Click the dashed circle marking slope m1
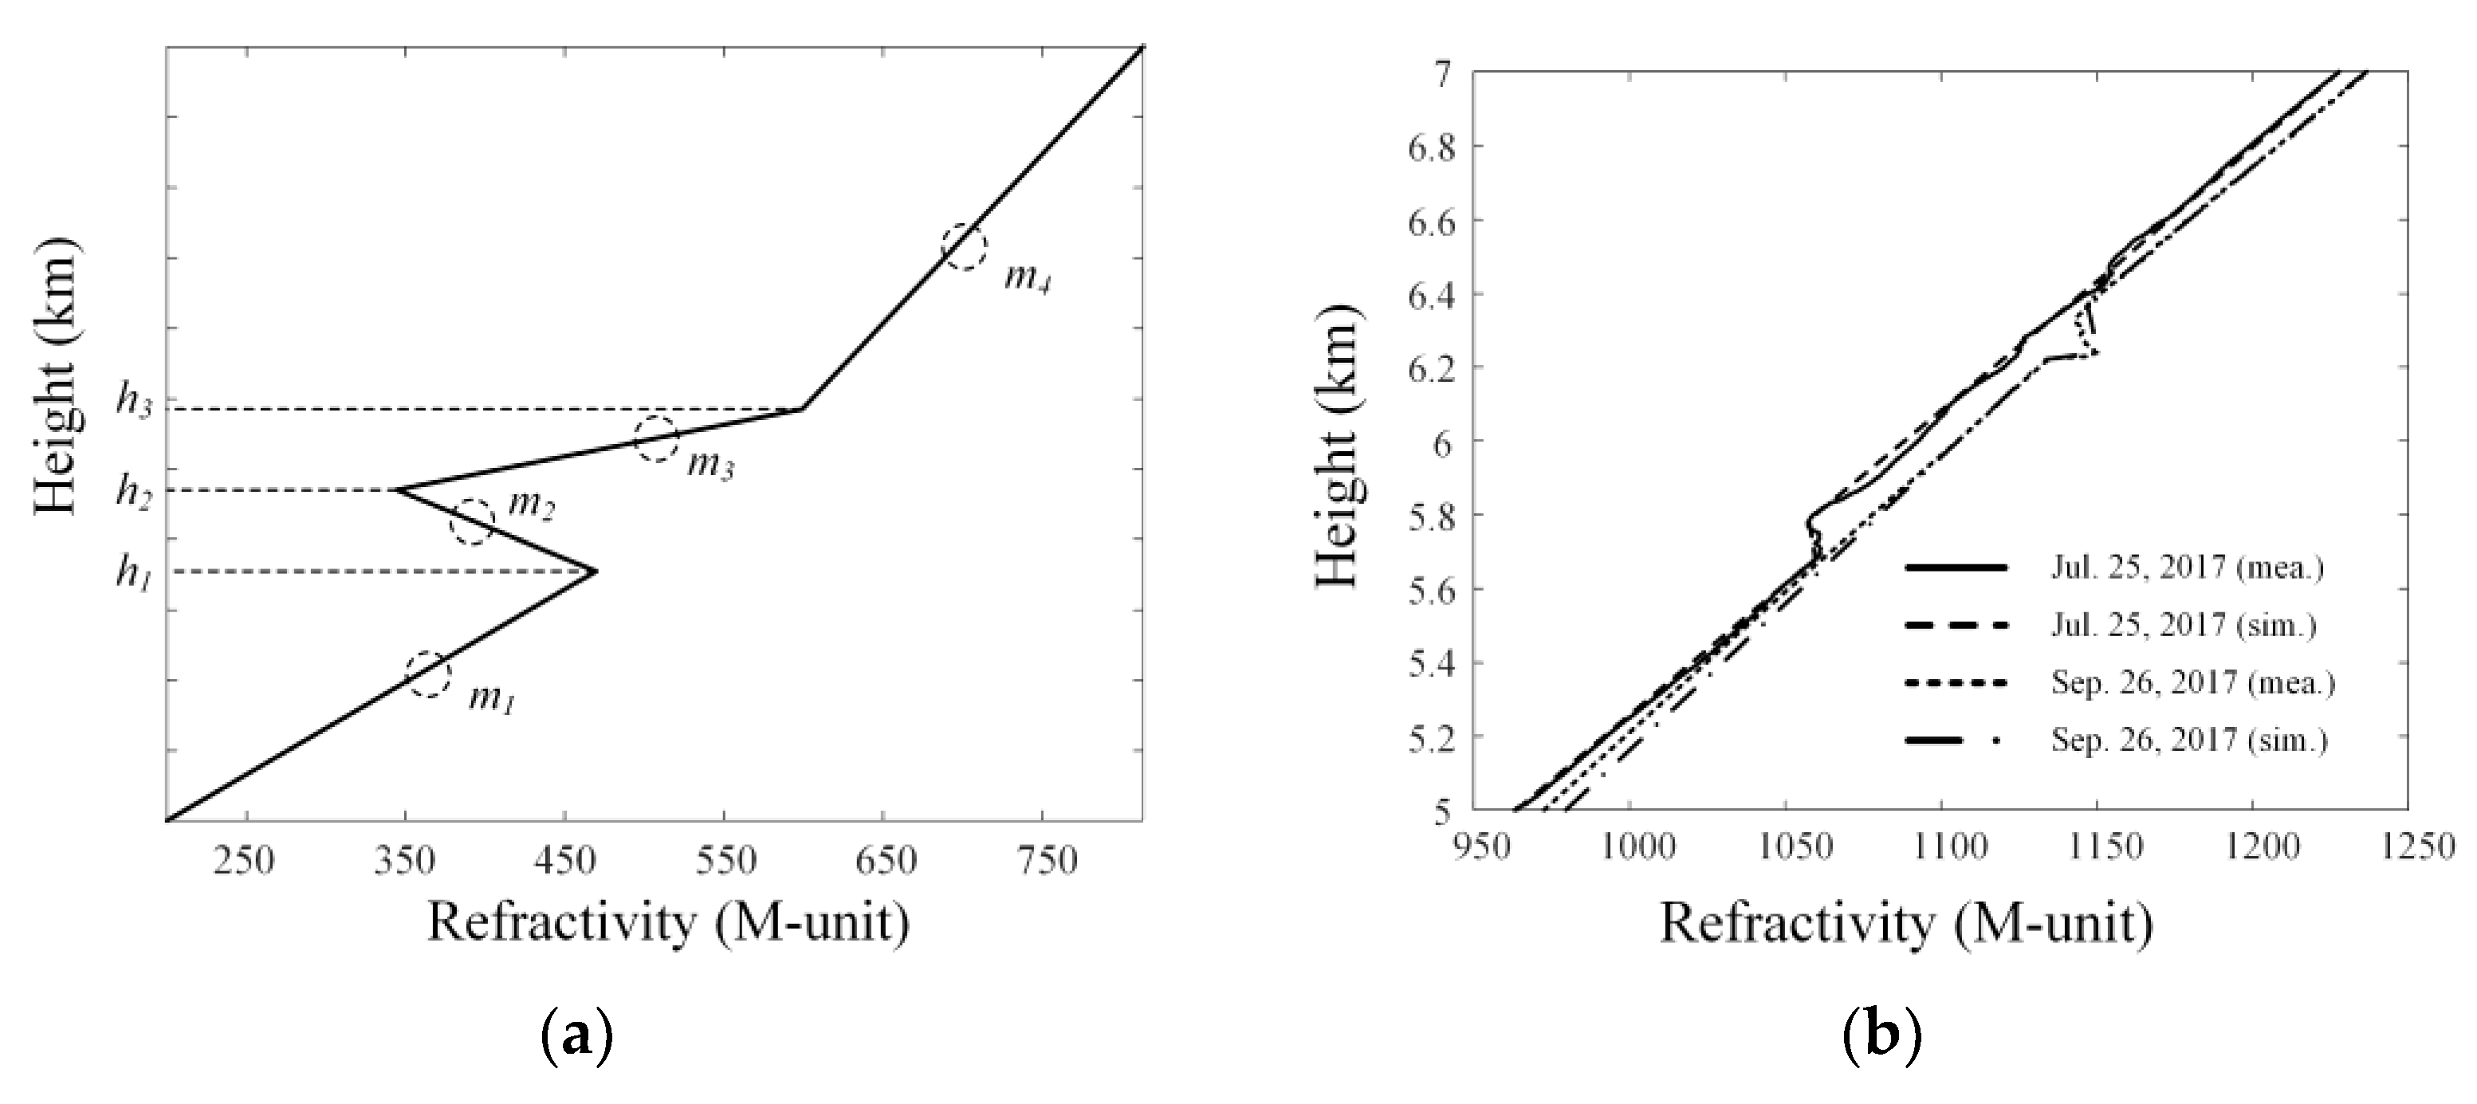pyautogui.click(x=428, y=674)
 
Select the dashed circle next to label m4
pyautogui.click(x=964, y=247)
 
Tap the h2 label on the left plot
pyautogui.click(x=134, y=491)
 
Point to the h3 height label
pyautogui.click(x=134, y=401)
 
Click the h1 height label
pyautogui.click(x=134, y=574)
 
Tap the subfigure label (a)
pyautogui.click(x=577, y=1039)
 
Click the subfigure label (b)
pyautogui.click(x=1881, y=1039)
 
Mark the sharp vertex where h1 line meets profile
pyautogui.click(x=596, y=572)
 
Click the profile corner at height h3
pyautogui.click(x=801, y=410)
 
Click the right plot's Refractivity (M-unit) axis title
pyautogui.click(x=1907, y=924)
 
